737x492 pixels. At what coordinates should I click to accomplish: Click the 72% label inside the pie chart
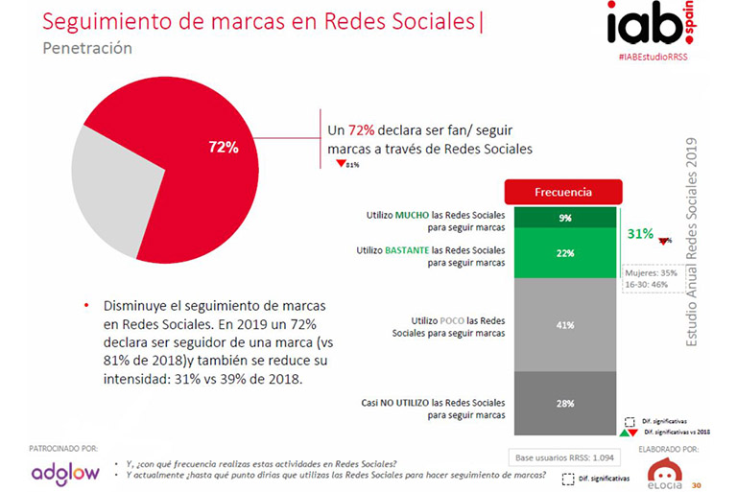[224, 147]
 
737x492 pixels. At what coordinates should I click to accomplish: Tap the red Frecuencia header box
[562, 192]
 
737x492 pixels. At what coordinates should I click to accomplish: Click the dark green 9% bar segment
[564, 218]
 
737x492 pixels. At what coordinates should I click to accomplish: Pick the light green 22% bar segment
[564, 253]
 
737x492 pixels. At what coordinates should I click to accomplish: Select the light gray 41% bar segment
[564, 325]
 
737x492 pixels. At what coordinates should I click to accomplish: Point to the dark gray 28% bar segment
[564, 403]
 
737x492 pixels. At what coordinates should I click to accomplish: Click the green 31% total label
[640, 233]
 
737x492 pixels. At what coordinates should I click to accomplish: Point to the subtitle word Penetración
[87, 48]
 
